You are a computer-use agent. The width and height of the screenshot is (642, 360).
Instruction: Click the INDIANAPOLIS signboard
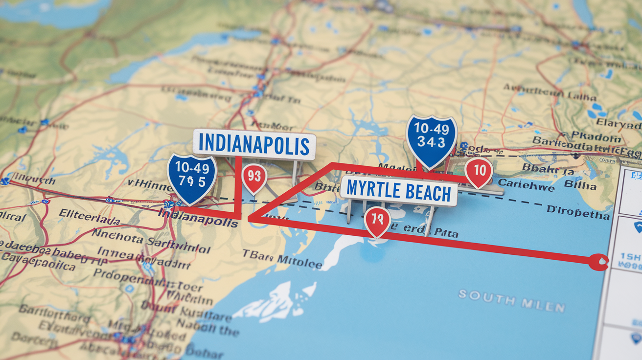[254, 145]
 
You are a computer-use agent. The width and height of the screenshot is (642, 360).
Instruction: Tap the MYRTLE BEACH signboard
[398, 192]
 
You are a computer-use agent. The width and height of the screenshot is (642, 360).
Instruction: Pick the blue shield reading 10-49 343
[431, 140]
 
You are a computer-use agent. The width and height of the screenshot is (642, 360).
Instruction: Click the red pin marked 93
[254, 177]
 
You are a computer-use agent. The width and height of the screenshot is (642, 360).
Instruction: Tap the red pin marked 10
[479, 171]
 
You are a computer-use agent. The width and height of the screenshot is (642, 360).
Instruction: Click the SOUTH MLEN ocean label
[511, 302]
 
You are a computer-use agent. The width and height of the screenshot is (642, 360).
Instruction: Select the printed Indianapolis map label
[198, 219]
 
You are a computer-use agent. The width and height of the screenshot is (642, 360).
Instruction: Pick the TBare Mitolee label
[282, 259]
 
